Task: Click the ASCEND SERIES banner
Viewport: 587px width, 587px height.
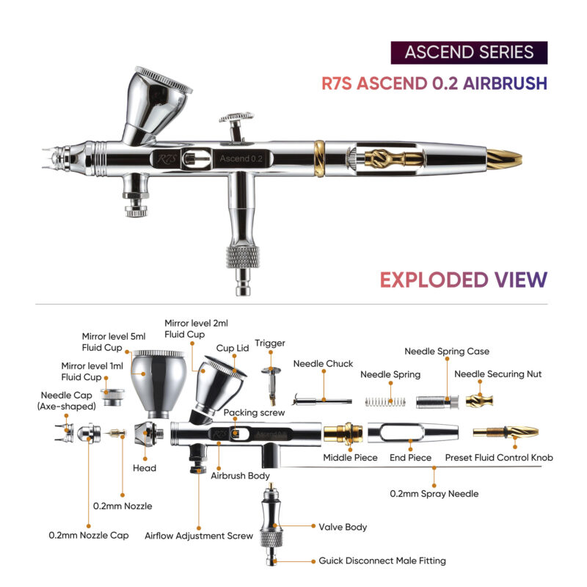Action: [469, 52]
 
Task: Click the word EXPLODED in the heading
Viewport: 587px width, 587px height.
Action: [434, 280]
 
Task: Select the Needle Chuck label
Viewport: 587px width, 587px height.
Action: [323, 363]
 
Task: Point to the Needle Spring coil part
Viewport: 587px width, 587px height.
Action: [385, 401]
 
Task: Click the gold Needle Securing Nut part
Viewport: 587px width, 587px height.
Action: [480, 401]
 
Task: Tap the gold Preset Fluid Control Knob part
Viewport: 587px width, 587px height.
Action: [506, 432]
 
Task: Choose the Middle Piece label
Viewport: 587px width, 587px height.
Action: [350, 457]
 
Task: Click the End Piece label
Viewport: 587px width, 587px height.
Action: [410, 457]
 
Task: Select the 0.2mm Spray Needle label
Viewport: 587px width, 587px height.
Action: [434, 494]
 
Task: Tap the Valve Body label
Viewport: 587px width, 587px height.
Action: [343, 527]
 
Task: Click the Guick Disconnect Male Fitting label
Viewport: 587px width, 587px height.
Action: [382, 561]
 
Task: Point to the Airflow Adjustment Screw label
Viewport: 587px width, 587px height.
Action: [199, 536]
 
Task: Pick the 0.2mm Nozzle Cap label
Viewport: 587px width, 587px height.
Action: [89, 536]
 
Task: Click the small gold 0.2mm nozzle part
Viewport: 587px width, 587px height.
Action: [117, 433]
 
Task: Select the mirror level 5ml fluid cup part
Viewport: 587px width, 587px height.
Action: [159, 384]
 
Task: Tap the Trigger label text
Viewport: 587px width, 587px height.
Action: [270, 343]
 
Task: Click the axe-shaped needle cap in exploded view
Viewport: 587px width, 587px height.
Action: [65, 433]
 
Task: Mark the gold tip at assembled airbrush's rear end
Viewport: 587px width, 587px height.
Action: [504, 159]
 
